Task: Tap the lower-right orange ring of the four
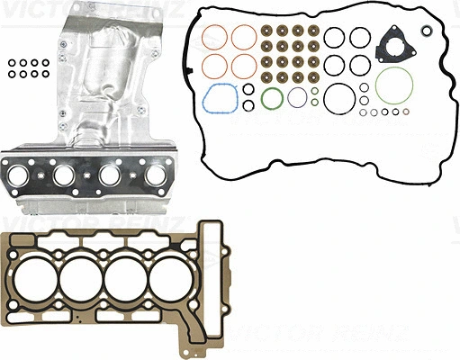(x=244, y=66)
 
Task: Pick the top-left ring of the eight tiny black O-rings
(x=9, y=64)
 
